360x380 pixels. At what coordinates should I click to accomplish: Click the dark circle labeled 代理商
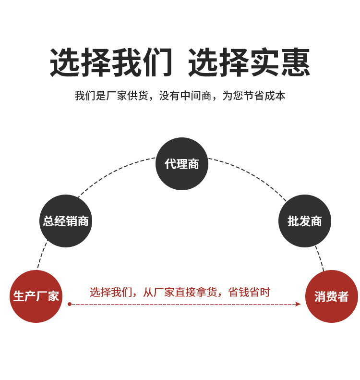coord(182,164)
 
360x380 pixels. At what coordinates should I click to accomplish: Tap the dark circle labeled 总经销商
coord(66,221)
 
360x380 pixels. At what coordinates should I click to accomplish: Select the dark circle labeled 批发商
coord(304,221)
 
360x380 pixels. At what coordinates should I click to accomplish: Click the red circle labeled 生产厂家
coord(36,296)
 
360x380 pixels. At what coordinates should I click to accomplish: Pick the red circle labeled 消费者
coord(332,296)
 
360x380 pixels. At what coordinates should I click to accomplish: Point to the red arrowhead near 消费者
coord(298,304)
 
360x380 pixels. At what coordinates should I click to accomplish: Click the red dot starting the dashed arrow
coord(70,304)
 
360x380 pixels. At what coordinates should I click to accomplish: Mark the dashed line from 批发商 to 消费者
coord(320,258)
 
